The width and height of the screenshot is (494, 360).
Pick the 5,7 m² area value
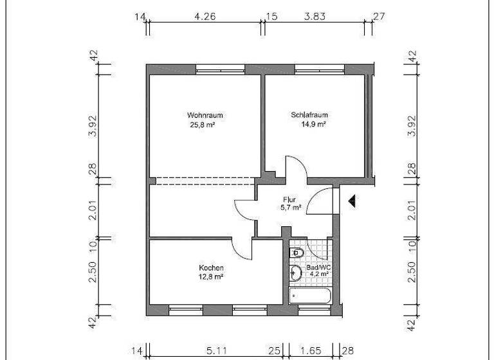[291, 208]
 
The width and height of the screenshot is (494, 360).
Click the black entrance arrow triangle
[352, 202]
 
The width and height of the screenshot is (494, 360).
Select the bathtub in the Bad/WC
[309, 296]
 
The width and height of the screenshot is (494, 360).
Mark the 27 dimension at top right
[379, 16]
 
